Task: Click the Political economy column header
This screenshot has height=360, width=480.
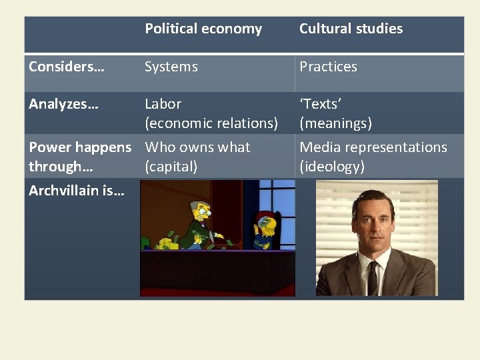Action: pos(203,29)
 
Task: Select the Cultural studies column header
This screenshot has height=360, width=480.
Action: pos(351,29)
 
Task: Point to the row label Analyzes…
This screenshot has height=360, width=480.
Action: pos(63,104)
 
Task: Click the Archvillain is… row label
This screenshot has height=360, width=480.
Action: pos(73,191)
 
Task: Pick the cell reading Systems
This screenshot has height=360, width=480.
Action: pos(171,67)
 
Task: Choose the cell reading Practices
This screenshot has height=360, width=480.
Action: pos(328,67)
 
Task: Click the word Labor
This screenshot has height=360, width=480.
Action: pos(163,104)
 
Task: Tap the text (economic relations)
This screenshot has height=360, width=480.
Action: pos(211,123)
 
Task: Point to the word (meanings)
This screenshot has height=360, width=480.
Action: pos(335,123)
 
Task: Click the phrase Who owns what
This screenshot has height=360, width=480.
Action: pos(197,147)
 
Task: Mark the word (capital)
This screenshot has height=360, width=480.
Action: pos(171,167)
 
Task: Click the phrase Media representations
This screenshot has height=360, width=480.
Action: pos(373,147)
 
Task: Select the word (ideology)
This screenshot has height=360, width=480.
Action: pos(332,167)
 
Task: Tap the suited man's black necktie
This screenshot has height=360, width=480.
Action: pos(373,277)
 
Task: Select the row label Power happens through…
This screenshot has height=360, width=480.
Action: pos(80,157)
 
